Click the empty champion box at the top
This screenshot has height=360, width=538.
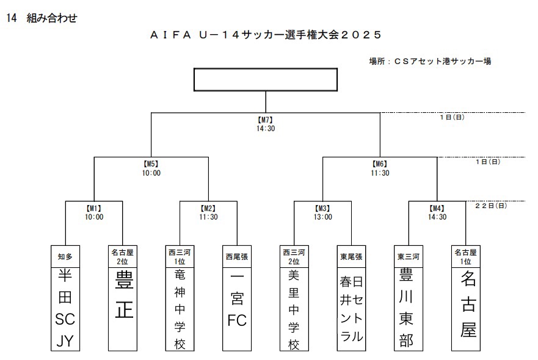(x=265, y=79)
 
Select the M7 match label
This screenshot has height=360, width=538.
(x=265, y=120)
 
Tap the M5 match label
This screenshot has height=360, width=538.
(x=151, y=164)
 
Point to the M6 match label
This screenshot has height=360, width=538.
(x=380, y=164)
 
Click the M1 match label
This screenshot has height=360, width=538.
(x=94, y=208)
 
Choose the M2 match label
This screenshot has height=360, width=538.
(x=208, y=208)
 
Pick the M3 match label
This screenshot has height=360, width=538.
(x=322, y=208)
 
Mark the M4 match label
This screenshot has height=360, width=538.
(x=437, y=208)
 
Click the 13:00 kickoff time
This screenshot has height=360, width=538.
(x=322, y=217)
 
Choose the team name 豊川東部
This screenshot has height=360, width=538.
(x=408, y=308)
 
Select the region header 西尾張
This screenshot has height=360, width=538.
(x=236, y=257)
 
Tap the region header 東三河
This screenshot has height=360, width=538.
(x=408, y=257)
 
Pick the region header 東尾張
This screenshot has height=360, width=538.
(x=351, y=257)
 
